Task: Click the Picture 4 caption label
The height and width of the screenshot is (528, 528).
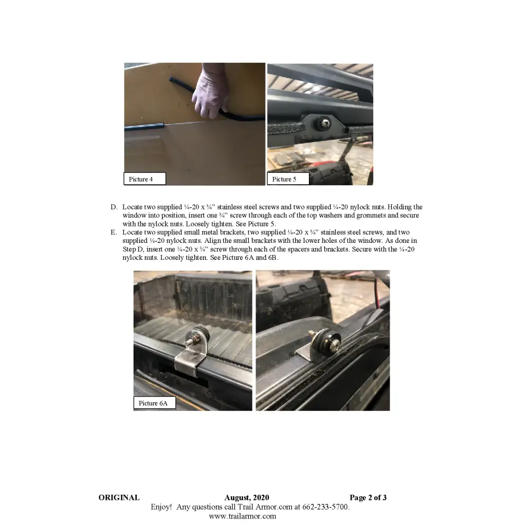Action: pyautogui.click(x=144, y=179)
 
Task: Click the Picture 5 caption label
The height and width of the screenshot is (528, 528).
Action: pyautogui.click(x=287, y=179)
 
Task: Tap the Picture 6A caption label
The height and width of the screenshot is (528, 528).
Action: pyautogui.click(x=154, y=403)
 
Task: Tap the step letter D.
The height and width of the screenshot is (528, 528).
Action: pyautogui.click(x=114, y=208)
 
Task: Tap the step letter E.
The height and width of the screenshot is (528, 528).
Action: pyautogui.click(x=114, y=232)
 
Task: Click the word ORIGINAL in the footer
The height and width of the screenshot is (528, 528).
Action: pyautogui.click(x=119, y=497)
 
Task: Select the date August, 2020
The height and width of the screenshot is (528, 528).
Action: pyautogui.click(x=247, y=497)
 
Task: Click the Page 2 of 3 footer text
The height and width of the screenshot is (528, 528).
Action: pyautogui.click(x=368, y=497)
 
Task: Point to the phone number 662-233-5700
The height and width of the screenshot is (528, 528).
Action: pyautogui.click(x=325, y=507)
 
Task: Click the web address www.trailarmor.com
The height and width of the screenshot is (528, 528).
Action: pyautogui.click(x=242, y=516)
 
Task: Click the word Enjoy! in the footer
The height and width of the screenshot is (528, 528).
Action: pyautogui.click(x=161, y=507)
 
